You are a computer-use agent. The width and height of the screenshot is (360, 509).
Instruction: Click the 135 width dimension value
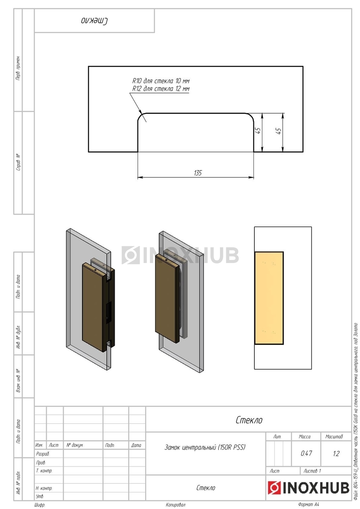pyautogui.click(x=198, y=173)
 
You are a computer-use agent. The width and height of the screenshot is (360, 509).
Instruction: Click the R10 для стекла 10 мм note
pyautogui.click(x=161, y=81)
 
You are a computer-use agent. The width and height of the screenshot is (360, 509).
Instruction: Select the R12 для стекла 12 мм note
pyautogui.click(x=161, y=89)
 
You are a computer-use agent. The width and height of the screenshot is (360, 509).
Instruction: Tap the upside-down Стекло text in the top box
pyautogui.click(x=94, y=21)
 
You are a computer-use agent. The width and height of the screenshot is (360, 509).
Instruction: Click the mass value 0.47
pyautogui.click(x=306, y=453)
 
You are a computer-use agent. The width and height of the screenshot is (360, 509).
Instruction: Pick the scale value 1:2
pyautogui.click(x=336, y=453)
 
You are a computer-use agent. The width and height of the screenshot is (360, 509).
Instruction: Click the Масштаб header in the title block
pyautogui.click(x=334, y=436)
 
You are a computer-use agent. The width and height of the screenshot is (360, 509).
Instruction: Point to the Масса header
pyautogui.click(x=304, y=436)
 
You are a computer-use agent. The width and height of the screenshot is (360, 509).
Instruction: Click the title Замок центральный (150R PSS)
pyautogui.click(x=205, y=447)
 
